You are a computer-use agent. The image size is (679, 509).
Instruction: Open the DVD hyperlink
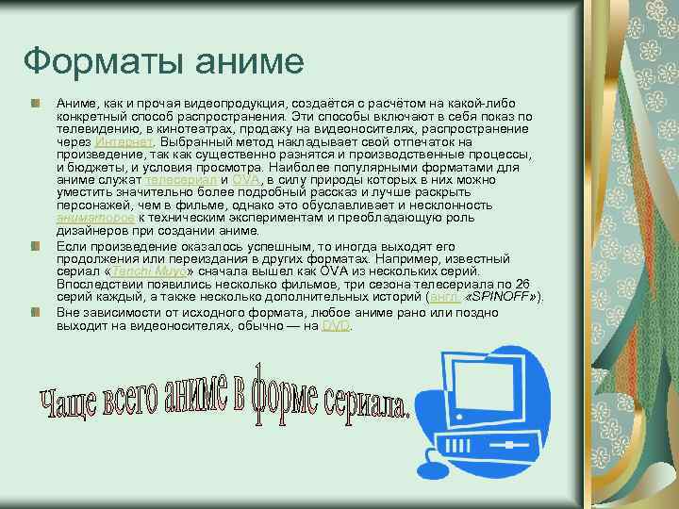[336, 325]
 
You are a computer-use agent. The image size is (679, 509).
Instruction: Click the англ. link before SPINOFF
[446, 297]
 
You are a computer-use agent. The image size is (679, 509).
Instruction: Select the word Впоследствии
[99, 284]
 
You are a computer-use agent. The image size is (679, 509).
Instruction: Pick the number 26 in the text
[522, 284]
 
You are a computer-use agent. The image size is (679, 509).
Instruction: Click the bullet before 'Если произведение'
[35, 245]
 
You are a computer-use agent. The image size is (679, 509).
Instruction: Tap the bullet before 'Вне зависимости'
[35, 312]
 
